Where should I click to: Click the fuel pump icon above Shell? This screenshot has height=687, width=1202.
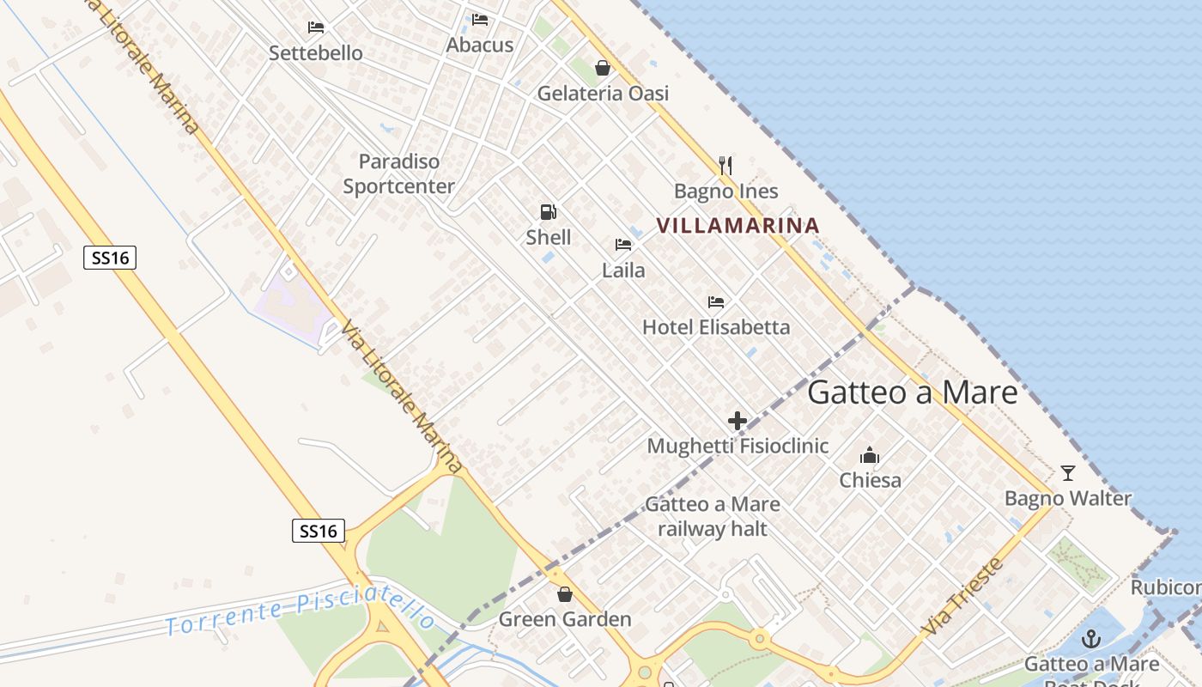point(548,212)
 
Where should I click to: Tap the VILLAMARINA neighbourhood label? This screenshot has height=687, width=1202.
point(738,226)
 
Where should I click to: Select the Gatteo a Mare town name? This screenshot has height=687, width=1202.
point(913,392)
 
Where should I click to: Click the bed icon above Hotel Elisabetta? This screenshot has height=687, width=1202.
point(716,302)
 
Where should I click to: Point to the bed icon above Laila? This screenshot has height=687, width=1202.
point(623,245)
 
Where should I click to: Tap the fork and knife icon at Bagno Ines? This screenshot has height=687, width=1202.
point(725,166)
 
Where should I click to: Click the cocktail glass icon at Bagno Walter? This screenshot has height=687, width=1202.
point(1068,473)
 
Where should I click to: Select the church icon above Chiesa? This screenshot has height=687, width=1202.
point(870,455)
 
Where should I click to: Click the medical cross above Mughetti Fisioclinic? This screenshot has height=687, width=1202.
point(738,421)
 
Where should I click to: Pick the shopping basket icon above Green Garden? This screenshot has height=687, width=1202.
point(565,594)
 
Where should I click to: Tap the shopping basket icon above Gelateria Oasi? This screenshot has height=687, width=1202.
point(603,68)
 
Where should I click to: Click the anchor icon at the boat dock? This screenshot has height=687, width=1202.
point(1091,639)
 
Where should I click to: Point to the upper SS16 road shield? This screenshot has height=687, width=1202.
point(110,257)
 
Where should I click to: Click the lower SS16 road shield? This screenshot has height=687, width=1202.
point(319,531)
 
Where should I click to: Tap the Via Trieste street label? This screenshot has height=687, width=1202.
point(962,597)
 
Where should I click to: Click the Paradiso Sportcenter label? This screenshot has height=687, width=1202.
point(399,173)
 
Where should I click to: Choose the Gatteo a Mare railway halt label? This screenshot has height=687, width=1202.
point(713,516)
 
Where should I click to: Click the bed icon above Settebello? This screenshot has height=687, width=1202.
point(316,27)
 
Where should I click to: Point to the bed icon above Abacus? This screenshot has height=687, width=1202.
point(480,20)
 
